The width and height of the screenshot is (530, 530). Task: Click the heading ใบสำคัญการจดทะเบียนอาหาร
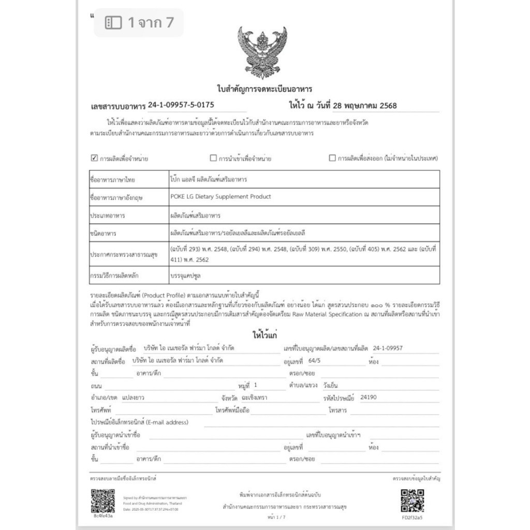(264, 89)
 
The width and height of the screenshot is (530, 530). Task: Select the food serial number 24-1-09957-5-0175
(181, 105)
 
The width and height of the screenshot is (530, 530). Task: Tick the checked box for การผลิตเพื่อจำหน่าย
(94, 158)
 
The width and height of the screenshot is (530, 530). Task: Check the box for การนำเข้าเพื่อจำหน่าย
(213, 158)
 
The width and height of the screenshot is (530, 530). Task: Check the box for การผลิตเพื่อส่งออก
(332, 158)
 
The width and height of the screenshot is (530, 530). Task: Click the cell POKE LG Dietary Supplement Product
(220, 197)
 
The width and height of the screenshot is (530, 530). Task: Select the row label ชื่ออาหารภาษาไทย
(112, 180)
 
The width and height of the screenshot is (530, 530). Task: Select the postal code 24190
(368, 397)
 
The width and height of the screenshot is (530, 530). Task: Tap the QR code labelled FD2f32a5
(412, 500)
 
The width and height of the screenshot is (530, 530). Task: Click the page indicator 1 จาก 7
(139, 22)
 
